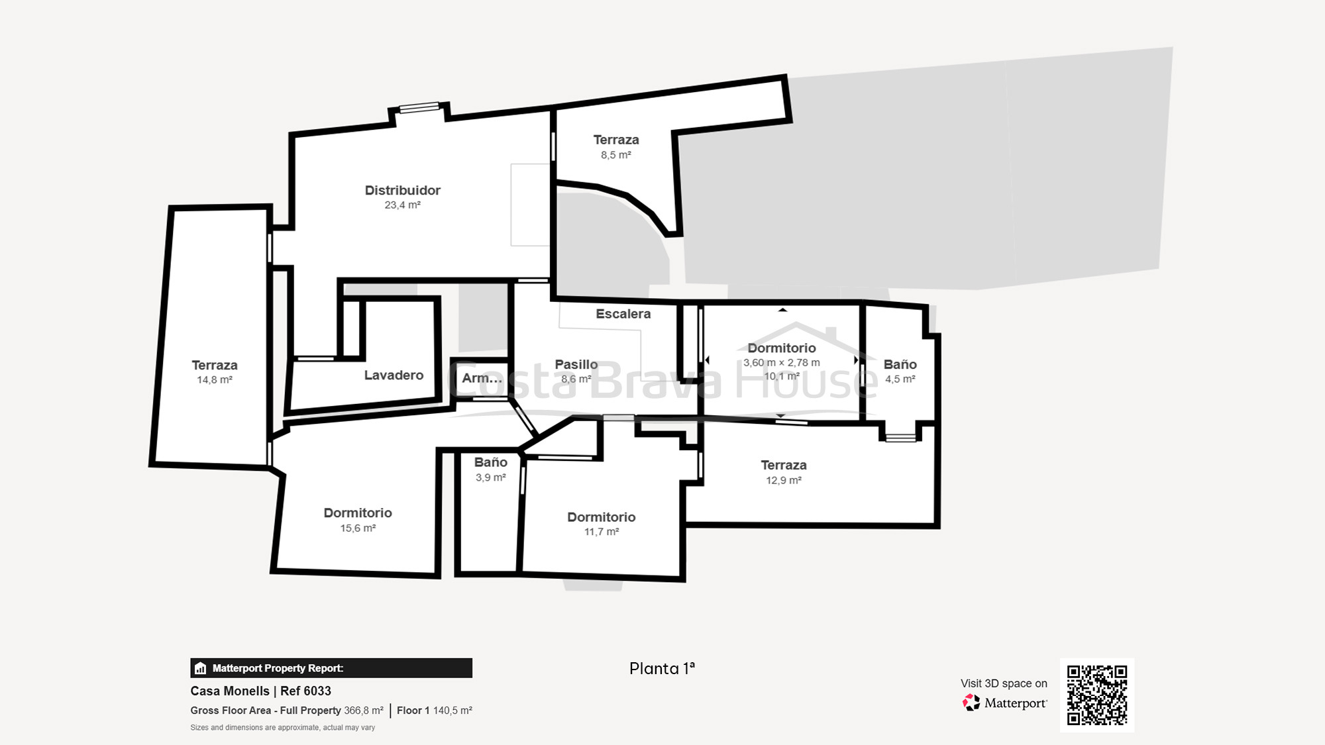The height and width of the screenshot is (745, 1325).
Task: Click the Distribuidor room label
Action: click(402, 190)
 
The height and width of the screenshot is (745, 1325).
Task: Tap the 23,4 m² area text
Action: click(402, 205)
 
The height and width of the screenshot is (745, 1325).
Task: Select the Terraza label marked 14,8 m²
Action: click(214, 365)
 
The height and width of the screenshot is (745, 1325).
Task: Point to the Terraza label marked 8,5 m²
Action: click(615, 140)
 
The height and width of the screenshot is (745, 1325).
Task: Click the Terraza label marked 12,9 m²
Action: click(783, 465)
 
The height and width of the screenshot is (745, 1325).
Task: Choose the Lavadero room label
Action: click(394, 375)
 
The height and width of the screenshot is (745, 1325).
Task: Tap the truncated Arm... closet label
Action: click(482, 378)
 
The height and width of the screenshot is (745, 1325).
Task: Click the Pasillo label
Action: click(576, 364)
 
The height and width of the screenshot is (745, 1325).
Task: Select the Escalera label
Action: click(623, 314)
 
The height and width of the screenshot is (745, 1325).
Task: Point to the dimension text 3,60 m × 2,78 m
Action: click(781, 363)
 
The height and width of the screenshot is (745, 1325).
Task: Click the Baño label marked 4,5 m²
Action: click(900, 364)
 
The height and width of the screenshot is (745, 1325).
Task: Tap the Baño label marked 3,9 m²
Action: click(490, 462)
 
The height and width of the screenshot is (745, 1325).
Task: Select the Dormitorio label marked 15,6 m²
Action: click(358, 513)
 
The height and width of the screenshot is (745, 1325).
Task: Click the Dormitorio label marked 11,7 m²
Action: click(601, 517)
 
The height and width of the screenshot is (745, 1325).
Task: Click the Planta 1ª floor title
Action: click(662, 668)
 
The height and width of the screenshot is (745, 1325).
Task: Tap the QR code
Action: click(1096, 695)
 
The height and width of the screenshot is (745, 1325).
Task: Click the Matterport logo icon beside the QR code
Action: click(971, 703)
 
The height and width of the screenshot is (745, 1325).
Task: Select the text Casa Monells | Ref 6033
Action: click(260, 691)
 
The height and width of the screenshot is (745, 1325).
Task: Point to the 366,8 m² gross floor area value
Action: click(363, 711)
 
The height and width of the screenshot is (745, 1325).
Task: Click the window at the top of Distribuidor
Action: click(419, 108)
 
